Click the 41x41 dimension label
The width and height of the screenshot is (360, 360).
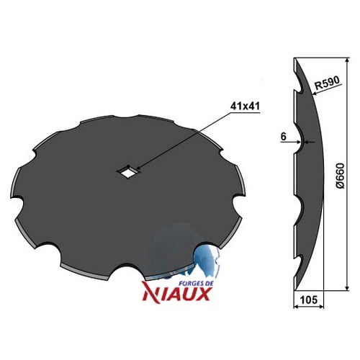(x=245, y=106)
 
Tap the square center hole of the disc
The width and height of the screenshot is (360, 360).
(x=127, y=171)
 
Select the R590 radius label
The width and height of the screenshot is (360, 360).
(x=328, y=83)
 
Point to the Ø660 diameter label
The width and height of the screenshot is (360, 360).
(x=340, y=176)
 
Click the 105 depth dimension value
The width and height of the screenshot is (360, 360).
(x=308, y=300)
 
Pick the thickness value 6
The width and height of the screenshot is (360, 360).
(x=284, y=137)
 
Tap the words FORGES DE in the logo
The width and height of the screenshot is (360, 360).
(x=197, y=283)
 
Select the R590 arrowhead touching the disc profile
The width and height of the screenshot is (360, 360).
(x=315, y=94)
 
